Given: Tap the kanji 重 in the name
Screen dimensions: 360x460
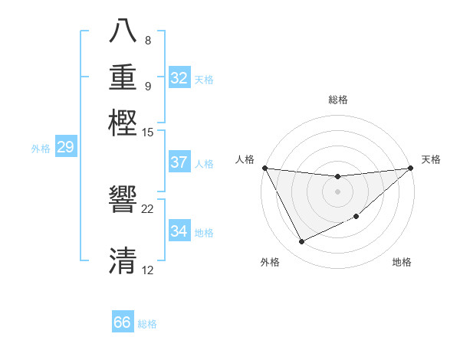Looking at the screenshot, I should click(123, 78).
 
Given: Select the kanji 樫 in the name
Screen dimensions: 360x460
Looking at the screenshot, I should click(123, 122).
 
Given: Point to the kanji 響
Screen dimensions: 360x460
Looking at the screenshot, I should click(123, 201).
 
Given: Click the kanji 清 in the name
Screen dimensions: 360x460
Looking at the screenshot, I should click(123, 260).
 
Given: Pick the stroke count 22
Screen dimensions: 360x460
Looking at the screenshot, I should click(148, 209).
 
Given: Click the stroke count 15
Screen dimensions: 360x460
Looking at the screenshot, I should click(148, 133).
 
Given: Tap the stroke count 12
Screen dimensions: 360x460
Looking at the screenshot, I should click(148, 270).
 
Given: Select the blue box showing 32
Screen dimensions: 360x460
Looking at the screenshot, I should click(179, 78).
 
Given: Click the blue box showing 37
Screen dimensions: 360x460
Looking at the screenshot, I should click(179, 162).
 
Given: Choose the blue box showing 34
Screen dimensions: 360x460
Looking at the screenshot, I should click(179, 231).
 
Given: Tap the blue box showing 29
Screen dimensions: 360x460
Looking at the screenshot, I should click(65, 148).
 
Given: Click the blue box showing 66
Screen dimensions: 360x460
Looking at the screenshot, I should click(123, 322).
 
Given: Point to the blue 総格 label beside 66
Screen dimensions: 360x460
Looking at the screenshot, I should click(147, 324).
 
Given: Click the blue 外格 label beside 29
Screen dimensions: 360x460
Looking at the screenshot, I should click(41, 149).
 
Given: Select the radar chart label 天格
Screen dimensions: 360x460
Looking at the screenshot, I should click(431, 159).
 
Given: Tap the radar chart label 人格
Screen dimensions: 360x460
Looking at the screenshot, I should click(245, 159).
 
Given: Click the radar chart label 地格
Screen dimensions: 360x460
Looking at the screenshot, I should click(402, 262).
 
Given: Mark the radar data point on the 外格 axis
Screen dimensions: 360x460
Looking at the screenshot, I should click(302, 242).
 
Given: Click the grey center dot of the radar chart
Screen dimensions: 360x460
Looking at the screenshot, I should click(337, 191).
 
